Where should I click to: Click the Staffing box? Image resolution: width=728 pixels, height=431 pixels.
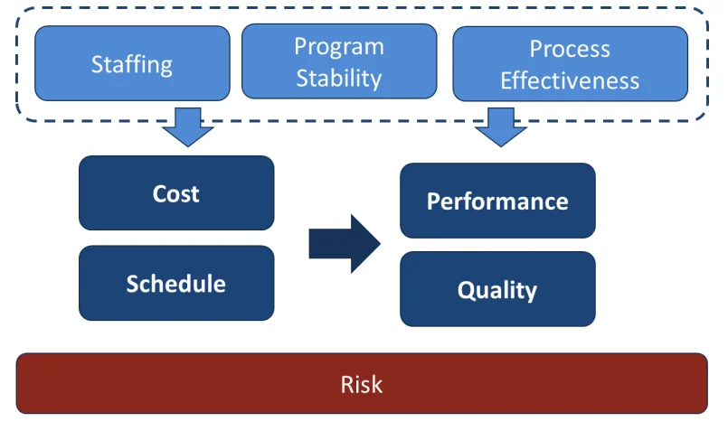tap(132, 63)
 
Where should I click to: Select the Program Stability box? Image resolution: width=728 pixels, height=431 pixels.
tap(339, 61)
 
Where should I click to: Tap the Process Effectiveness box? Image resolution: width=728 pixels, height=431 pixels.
tap(570, 63)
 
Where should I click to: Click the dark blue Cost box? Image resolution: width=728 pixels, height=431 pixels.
tap(176, 193)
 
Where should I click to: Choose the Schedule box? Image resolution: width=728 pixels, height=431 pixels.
tap(176, 283)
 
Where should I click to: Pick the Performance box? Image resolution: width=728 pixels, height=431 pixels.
tap(497, 201)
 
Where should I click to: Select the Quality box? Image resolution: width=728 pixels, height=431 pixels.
tap(497, 289)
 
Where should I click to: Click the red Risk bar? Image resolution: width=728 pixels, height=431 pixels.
tap(362, 383)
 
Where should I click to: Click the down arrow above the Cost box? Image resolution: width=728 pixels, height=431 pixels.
tap(188, 126)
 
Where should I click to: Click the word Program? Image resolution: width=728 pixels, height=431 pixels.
tap(339, 47)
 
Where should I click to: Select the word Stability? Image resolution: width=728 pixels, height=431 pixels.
tap(339, 78)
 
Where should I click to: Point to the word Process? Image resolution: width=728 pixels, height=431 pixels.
tap(570, 49)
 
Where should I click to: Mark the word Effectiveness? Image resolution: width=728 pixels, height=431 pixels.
tap(570, 80)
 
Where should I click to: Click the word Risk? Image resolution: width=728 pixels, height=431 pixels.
tap(362, 384)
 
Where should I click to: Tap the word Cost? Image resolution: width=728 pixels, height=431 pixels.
tap(176, 193)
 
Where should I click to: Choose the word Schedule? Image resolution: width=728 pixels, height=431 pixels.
tap(176, 284)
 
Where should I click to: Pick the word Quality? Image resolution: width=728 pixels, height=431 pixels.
tap(497, 290)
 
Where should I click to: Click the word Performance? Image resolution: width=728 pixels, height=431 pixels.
tap(497, 201)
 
